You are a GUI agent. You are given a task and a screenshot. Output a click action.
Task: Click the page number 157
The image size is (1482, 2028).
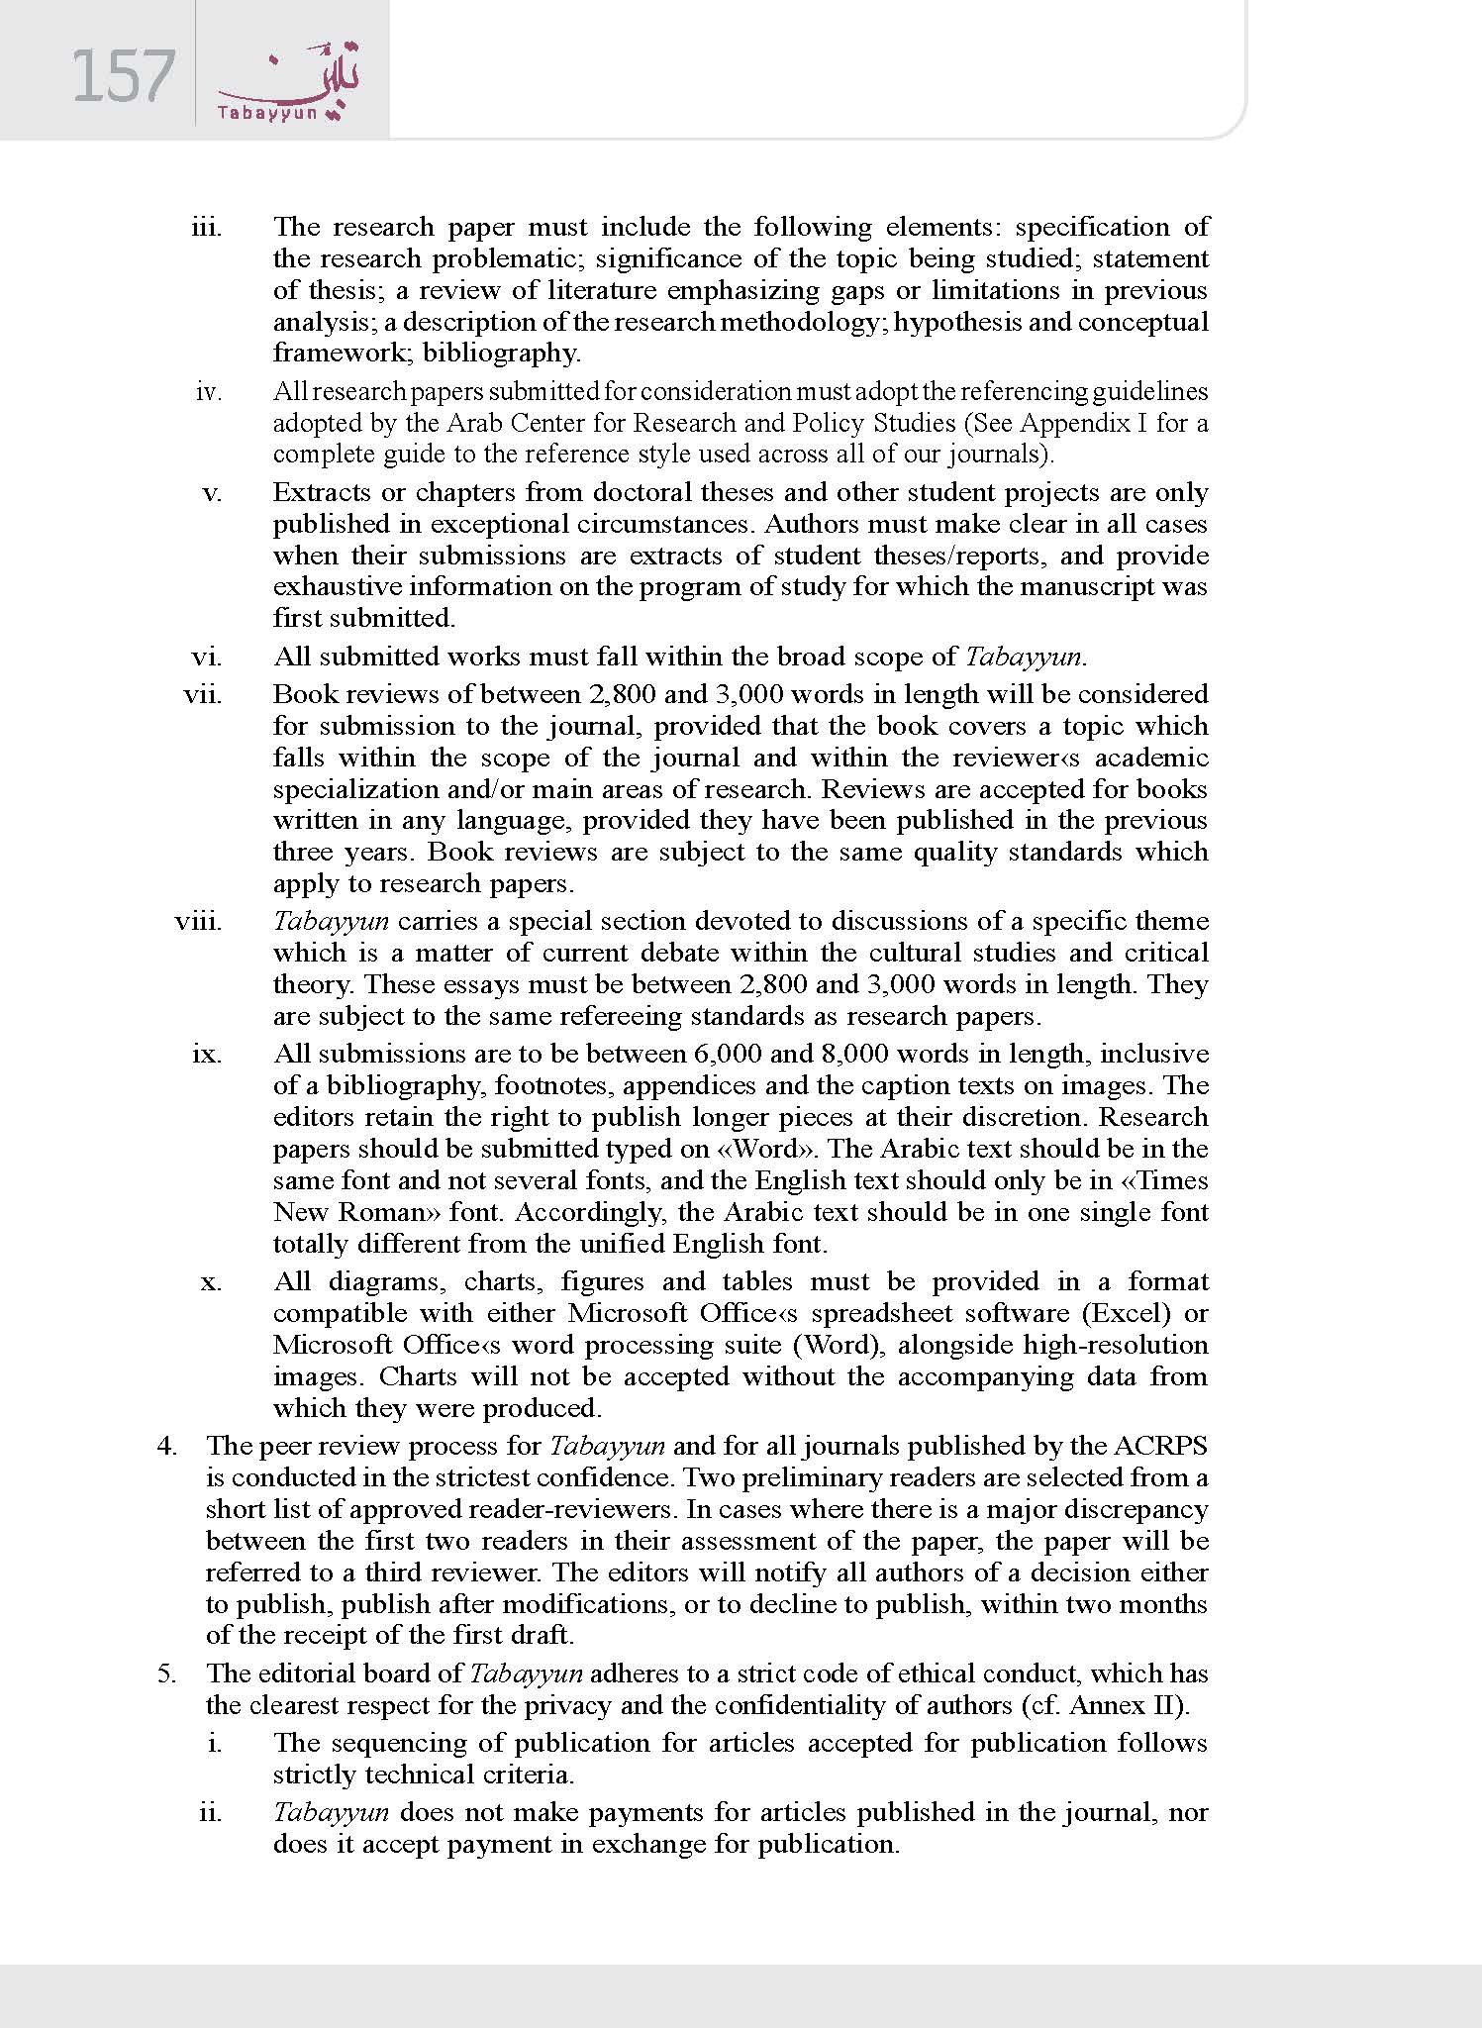point(123,77)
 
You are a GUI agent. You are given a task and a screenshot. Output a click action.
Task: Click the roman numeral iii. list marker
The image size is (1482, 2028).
point(206,227)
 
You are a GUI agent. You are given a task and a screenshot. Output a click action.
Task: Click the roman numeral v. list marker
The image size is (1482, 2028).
point(212,492)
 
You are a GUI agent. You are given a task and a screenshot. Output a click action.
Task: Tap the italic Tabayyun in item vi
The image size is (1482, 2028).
point(1024,657)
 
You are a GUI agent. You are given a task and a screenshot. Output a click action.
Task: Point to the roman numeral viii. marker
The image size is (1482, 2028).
point(198,922)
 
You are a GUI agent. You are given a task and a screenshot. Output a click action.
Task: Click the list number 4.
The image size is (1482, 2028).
point(166,1446)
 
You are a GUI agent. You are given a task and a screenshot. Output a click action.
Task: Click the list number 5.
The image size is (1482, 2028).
point(166,1673)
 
